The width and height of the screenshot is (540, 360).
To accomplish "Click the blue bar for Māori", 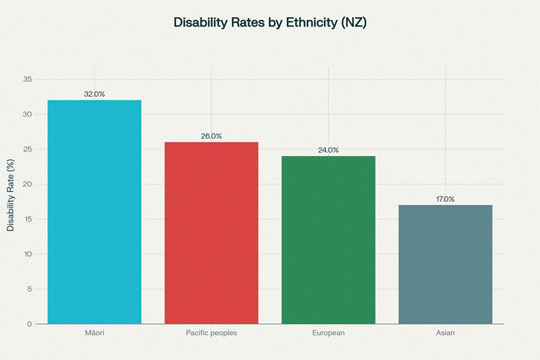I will tap(95, 211).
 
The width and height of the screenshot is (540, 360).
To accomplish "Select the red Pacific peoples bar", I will tap(211, 232).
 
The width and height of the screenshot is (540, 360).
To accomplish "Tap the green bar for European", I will tap(328, 239).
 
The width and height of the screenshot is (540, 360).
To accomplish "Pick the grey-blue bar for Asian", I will tap(445, 264).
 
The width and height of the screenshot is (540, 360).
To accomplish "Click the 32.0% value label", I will tap(95, 94).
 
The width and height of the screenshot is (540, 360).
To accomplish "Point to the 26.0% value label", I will tap(211, 136).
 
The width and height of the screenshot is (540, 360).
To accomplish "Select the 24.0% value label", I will tap(328, 150).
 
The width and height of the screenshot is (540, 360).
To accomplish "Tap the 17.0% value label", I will tap(445, 199).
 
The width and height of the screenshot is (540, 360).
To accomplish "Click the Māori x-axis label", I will tap(95, 333).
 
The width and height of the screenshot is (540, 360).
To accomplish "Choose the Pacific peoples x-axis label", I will tap(211, 333).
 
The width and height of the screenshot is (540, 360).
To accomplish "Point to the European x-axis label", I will tap(328, 333).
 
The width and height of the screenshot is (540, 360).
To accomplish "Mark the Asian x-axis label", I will tap(445, 333).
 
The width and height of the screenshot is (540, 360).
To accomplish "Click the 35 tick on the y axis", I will tap(27, 79).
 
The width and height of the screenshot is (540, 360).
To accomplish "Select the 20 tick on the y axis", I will tap(27, 184).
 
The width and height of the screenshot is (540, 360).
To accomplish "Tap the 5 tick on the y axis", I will tap(29, 289).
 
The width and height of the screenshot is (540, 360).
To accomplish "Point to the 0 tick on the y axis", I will tap(29, 324).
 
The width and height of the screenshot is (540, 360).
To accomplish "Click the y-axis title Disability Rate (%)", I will tap(10, 195).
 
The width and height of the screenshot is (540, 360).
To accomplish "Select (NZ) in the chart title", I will tap(353, 22).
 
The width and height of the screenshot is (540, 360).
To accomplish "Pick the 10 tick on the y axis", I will tap(27, 254).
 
